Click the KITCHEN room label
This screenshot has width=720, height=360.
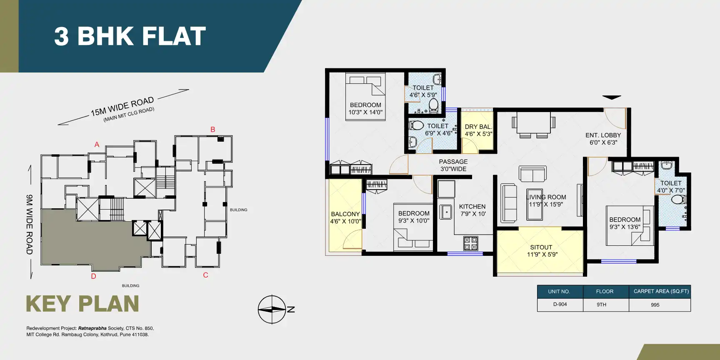(x=472, y=207)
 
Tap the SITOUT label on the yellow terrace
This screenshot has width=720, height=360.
(x=541, y=247)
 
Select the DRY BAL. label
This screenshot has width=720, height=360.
(x=478, y=127)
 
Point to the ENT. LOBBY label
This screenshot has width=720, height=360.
(x=603, y=135)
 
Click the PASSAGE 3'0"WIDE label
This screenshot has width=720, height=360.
(x=453, y=165)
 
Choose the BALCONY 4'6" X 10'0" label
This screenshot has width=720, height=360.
(x=345, y=217)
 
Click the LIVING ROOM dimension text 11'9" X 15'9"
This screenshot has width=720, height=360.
(x=546, y=205)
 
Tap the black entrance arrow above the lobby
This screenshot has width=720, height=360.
(x=612, y=97)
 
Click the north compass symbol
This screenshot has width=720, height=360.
(x=272, y=310)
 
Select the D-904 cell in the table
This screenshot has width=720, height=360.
(x=560, y=305)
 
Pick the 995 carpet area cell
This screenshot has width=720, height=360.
(x=655, y=305)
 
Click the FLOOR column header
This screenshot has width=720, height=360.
(x=605, y=292)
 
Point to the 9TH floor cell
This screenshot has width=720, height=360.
(x=601, y=305)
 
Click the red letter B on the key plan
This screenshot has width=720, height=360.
(x=213, y=130)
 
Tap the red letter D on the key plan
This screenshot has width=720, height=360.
(x=94, y=276)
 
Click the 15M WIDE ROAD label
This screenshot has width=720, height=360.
(x=122, y=107)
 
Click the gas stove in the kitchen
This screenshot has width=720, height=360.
(x=471, y=243)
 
